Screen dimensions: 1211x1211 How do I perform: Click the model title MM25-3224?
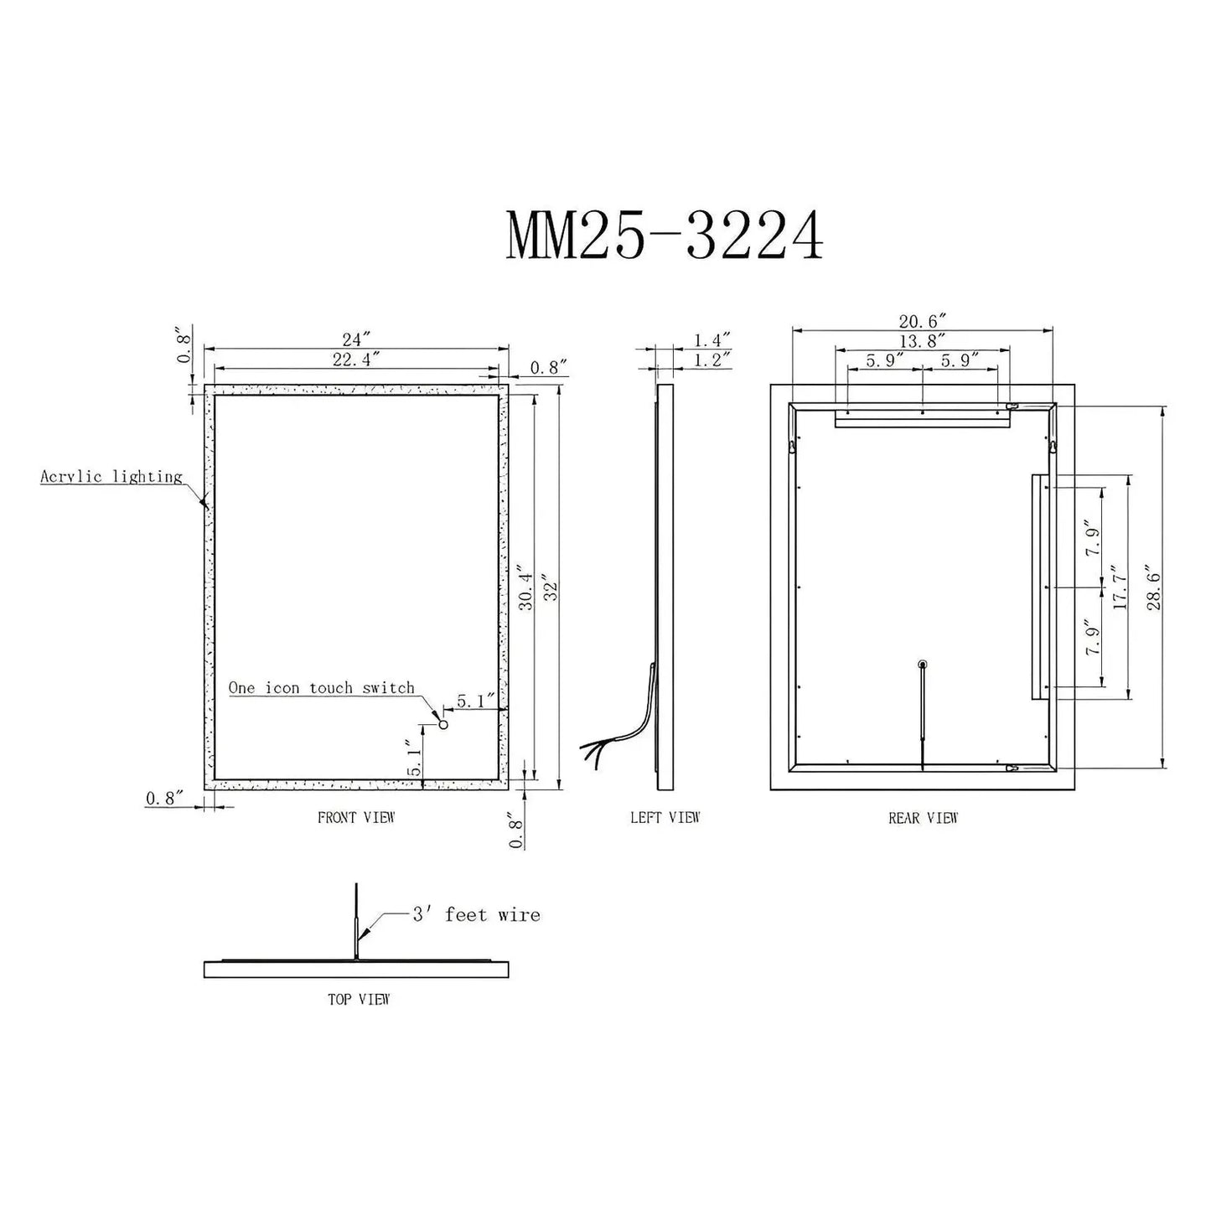click(x=664, y=235)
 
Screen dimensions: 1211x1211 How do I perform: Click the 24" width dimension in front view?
click(x=356, y=339)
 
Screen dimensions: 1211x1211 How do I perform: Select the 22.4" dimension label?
click(x=356, y=359)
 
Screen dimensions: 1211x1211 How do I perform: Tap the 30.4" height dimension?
click(x=526, y=589)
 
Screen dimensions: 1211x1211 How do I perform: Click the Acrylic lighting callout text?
click(x=111, y=477)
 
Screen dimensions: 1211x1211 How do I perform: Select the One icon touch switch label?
click(x=322, y=688)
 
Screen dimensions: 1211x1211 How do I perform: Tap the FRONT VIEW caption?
click(x=355, y=817)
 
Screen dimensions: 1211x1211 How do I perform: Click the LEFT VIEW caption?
click(x=665, y=817)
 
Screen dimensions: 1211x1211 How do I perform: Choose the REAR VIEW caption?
click(x=923, y=818)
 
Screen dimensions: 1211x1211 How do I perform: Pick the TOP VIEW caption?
click(x=359, y=999)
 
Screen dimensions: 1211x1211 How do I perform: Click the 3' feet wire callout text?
click(x=476, y=914)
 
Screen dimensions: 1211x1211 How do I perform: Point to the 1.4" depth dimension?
click(x=712, y=339)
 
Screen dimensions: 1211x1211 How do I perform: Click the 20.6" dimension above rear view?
click(x=922, y=321)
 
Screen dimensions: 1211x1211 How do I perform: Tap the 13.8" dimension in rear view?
click(x=922, y=340)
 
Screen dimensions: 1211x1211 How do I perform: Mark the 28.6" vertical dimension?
click(x=1154, y=589)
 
